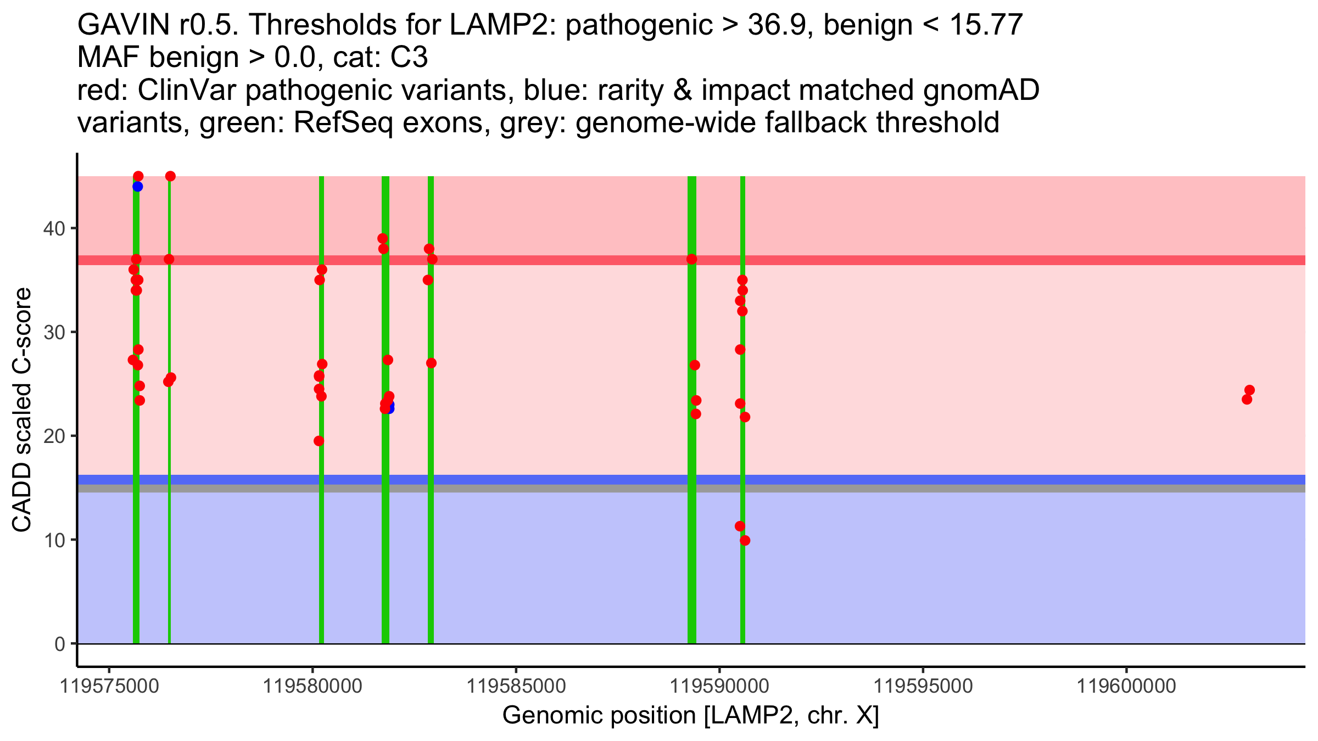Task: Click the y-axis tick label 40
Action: click(x=53, y=228)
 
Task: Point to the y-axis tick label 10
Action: click(x=53, y=540)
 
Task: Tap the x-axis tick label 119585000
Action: click(x=516, y=686)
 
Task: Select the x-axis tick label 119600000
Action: click(x=1126, y=686)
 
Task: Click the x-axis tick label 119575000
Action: click(x=109, y=686)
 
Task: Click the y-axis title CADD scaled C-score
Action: click(x=22, y=411)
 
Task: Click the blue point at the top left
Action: click(x=137, y=187)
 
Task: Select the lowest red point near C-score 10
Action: click(x=745, y=541)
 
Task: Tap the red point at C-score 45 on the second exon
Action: click(x=170, y=176)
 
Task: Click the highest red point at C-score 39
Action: click(x=383, y=239)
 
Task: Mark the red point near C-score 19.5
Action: click(x=319, y=441)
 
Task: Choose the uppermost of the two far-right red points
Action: click(x=1249, y=390)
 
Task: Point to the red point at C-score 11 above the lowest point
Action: click(x=740, y=526)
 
